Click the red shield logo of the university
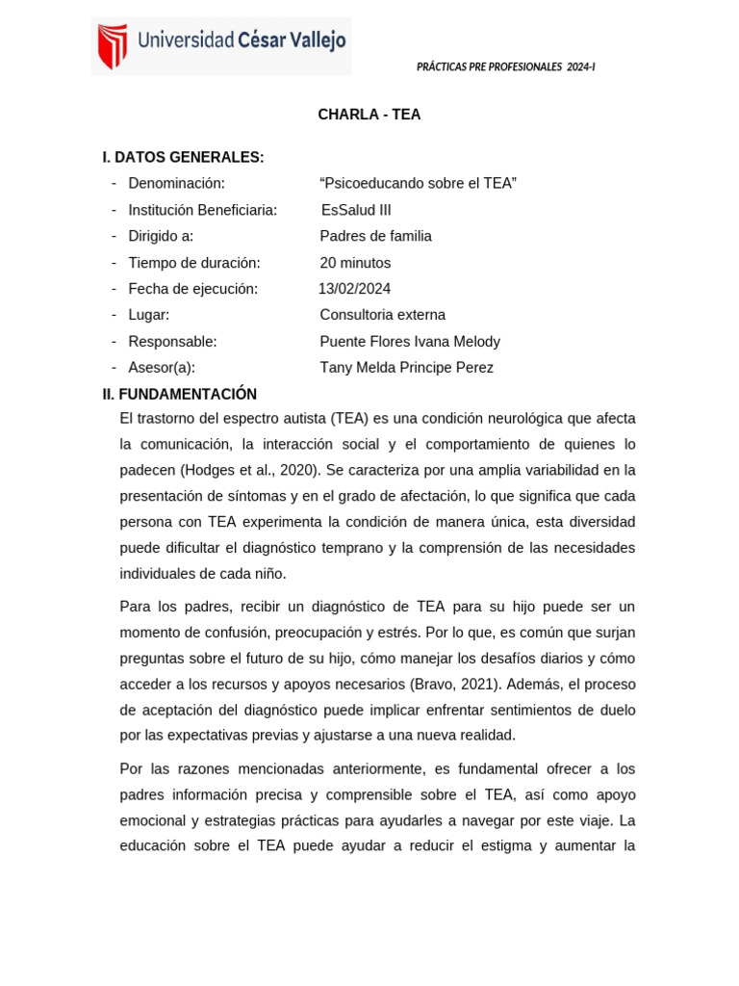click(x=113, y=46)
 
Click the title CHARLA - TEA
click(x=369, y=115)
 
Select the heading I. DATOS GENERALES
click(x=183, y=157)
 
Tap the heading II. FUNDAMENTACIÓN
click(x=180, y=394)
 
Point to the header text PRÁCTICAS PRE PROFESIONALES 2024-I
click(x=505, y=66)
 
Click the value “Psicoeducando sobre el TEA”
click(x=418, y=183)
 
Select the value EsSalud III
click(x=356, y=210)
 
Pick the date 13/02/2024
click(x=354, y=289)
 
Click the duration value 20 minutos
click(x=355, y=263)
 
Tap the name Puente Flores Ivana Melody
click(x=410, y=341)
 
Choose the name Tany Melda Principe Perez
click(x=406, y=367)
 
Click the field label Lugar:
click(x=148, y=315)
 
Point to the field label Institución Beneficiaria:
click(x=202, y=210)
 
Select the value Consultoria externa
click(x=382, y=315)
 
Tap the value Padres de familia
click(x=375, y=236)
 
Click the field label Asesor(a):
click(x=162, y=367)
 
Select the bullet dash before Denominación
click(x=114, y=183)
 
